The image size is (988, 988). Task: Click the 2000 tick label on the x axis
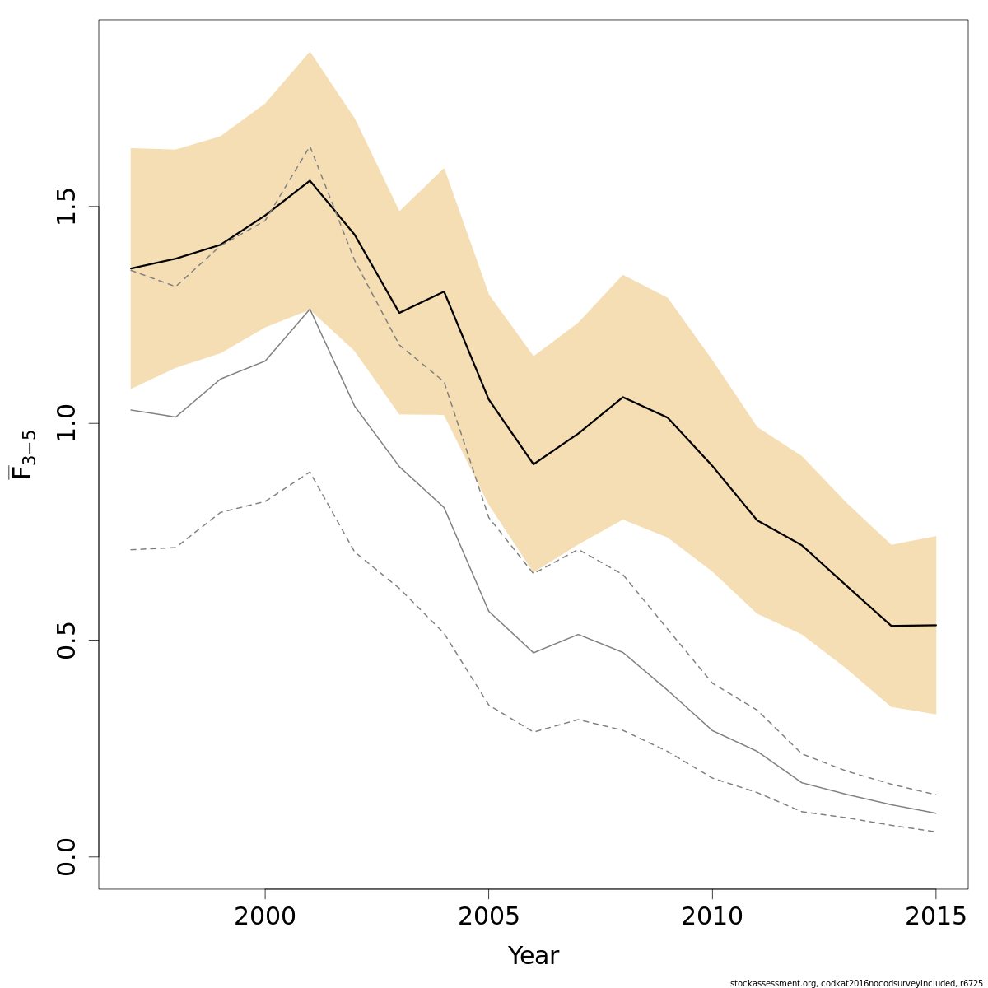pos(264,916)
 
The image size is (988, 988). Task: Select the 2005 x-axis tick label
pos(488,916)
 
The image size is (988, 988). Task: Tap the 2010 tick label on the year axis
pos(712,916)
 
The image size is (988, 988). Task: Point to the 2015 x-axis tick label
pos(935,916)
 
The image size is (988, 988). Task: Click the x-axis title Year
pos(533,956)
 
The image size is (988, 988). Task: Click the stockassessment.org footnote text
pos(855,983)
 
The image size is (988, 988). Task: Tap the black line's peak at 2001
pos(310,180)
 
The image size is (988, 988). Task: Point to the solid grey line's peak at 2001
pos(310,309)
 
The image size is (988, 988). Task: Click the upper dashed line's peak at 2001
pos(310,147)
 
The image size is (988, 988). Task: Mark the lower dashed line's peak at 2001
pos(310,472)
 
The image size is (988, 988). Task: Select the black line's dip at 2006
pos(534,464)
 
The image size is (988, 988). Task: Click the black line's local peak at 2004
pos(444,291)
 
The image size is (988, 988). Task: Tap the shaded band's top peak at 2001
pos(310,52)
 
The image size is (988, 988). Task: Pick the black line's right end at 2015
pos(935,625)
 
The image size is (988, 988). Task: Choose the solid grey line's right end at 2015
pos(935,813)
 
